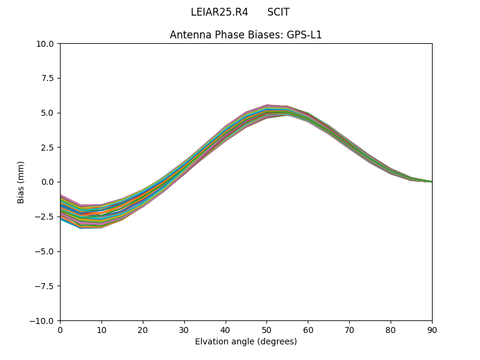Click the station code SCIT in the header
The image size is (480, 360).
[x=278, y=12]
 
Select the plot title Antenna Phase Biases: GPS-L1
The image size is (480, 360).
[x=246, y=35]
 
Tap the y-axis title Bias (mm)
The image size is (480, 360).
[x=21, y=182]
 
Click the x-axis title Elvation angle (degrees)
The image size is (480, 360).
[x=246, y=341]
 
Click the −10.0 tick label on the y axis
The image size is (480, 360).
[x=44, y=320]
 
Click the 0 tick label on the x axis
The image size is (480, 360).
[x=60, y=329]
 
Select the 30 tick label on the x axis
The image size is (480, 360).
[x=184, y=329]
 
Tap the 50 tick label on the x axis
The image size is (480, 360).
[x=266, y=329]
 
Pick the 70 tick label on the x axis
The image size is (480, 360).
[x=349, y=329]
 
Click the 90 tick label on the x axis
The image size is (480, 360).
[x=431, y=329]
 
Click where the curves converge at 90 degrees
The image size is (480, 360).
[x=431, y=181]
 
